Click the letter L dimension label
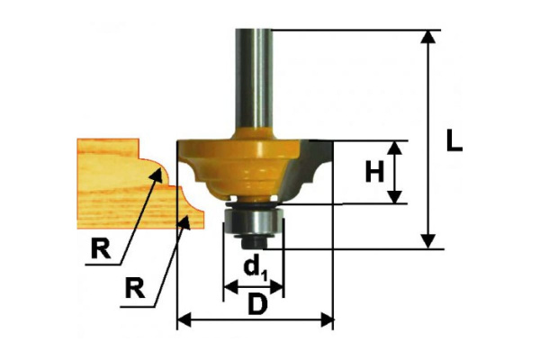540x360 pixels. click(454, 139)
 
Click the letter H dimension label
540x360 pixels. click(374, 172)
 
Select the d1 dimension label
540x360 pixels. click(255, 269)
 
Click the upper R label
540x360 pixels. click(101, 248)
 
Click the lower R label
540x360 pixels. click(135, 288)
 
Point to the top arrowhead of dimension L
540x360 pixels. click(428, 37)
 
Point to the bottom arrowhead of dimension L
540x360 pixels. click(428, 241)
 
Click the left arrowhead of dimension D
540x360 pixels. click(184, 319)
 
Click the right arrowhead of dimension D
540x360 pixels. click(327, 319)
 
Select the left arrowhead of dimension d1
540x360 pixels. click(230, 286)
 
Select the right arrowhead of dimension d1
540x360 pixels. click(277, 286)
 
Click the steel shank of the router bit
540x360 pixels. click(254, 79)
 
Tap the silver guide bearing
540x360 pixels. click(254, 221)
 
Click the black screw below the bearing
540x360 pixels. click(254, 241)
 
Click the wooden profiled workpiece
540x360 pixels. click(138, 184)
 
